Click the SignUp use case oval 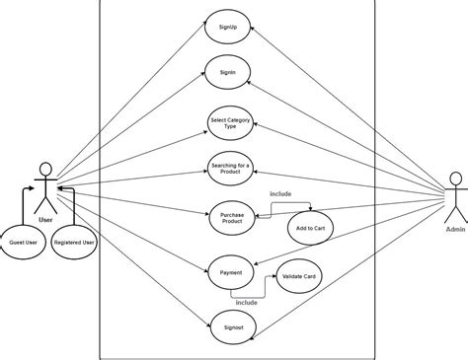(x=229, y=28)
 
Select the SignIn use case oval (x=229, y=73)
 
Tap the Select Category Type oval (x=230, y=123)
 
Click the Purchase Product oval (x=232, y=219)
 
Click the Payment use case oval (x=231, y=272)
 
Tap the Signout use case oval (x=234, y=325)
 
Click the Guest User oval (x=24, y=241)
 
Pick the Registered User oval (x=75, y=241)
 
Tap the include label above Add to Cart (x=281, y=194)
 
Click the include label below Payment (x=247, y=302)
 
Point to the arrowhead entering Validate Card (x=276, y=278)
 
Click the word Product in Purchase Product (x=232, y=224)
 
